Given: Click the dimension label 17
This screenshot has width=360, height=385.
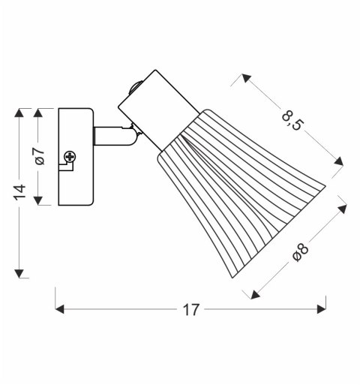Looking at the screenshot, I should (191, 308).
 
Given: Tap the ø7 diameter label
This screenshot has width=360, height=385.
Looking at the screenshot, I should (40, 156).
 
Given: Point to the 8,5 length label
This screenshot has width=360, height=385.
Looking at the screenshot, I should (292, 119).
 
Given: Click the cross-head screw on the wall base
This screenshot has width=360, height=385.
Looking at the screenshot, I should (70, 157).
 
